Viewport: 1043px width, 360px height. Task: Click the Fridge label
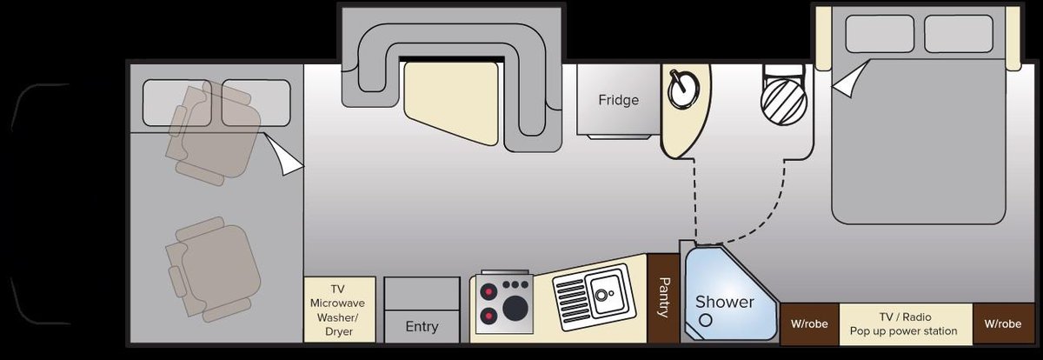click(618, 100)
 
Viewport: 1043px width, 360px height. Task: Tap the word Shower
click(724, 302)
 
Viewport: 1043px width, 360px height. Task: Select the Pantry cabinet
click(663, 297)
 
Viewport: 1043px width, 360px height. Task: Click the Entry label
click(422, 327)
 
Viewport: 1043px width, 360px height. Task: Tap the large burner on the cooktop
click(515, 308)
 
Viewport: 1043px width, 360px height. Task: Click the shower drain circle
click(706, 320)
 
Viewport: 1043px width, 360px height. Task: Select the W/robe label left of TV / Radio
click(808, 324)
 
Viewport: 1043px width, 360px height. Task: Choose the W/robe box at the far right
click(1002, 324)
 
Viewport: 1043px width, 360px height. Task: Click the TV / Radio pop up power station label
click(903, 324)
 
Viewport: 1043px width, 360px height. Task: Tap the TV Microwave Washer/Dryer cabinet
click(339, 310)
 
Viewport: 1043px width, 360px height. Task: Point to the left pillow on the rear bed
click(880, 34)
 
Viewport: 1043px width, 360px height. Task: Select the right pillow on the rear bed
click(958, 34)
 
